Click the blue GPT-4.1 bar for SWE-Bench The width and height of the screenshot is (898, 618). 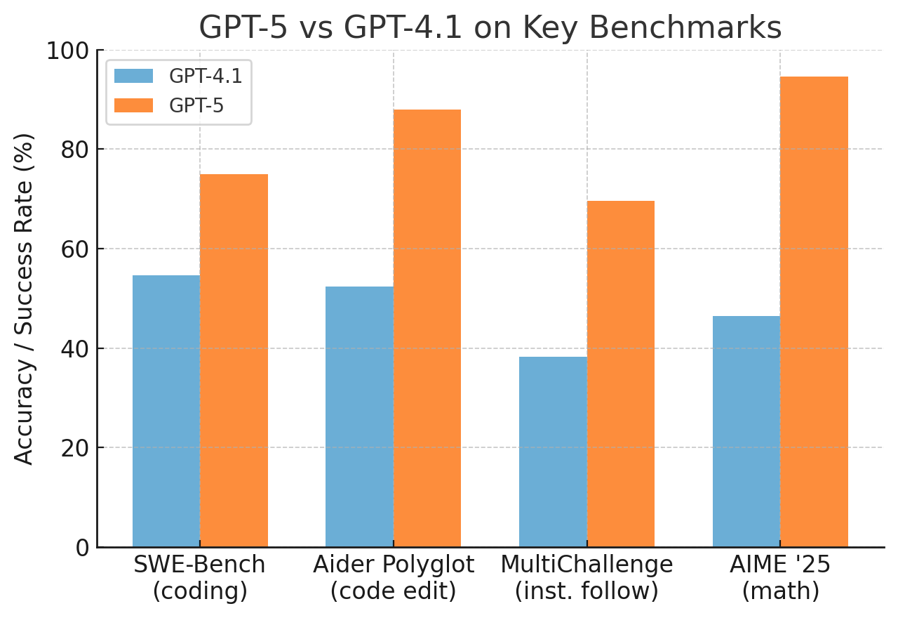click(166, 411)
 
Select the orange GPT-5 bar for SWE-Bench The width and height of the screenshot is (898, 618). click(234, 360)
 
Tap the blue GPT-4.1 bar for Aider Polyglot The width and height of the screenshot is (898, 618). click(359, 416)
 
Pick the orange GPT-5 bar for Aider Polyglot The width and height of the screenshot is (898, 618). click(427, 328)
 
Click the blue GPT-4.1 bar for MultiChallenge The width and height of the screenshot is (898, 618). click(553, 452)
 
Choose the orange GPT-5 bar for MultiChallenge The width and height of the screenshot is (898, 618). click(621, 374)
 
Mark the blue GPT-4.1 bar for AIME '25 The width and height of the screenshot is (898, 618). click(746, 431)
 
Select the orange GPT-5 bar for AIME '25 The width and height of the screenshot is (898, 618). click(814, 312)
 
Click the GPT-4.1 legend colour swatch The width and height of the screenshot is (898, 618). click(133, 76)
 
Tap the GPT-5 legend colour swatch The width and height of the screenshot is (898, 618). click(133, 105)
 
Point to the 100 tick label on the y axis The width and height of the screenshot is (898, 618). click(68, 51)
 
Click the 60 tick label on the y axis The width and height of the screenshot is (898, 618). click(74, 249)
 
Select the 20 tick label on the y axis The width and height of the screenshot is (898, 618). click(74, 448)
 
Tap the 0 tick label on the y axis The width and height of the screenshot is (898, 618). click(81, 547)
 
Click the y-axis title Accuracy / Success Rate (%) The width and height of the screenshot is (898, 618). click(25, 298)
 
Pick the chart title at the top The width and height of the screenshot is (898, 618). click(490, 28)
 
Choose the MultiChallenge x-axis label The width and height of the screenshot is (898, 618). click(587, 565)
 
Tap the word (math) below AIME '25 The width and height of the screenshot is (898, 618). click(780, 591)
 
